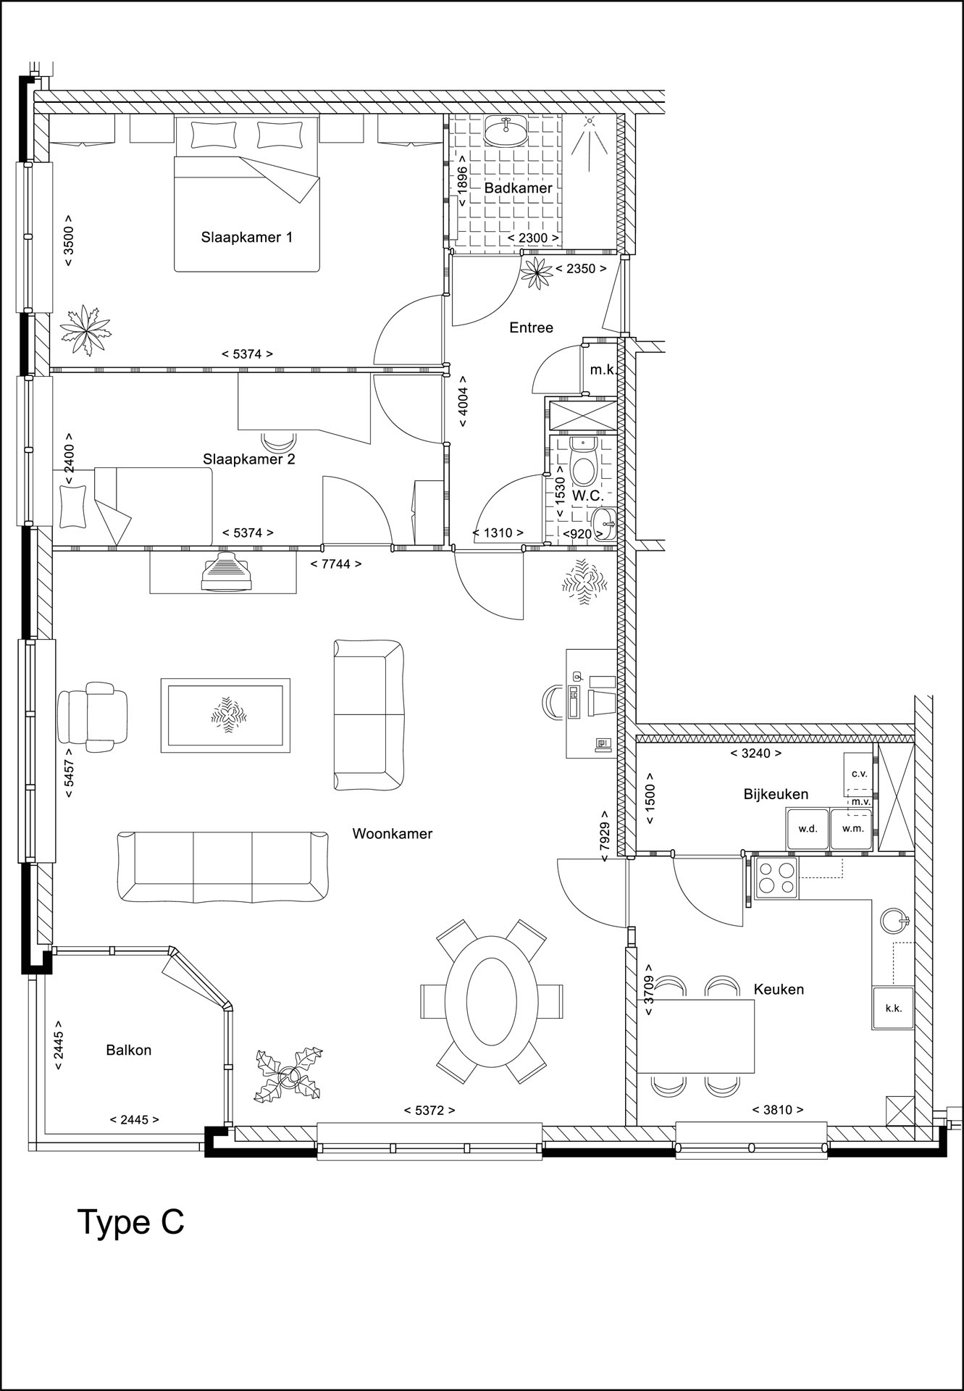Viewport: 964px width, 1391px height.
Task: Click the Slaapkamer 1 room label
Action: coord(247,237)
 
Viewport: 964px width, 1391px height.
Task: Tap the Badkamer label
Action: coord(519,188)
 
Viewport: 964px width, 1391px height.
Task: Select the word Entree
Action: coord(531,327)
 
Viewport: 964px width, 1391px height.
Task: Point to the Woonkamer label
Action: coord(393,833)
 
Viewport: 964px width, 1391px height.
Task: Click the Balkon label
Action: coord(129,1050)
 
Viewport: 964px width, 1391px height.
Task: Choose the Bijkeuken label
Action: coord(776,794)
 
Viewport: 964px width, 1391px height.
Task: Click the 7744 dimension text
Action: coord(335,564)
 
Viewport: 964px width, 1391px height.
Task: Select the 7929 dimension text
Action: coord(604,841)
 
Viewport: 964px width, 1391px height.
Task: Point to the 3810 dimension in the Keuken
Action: coord(778,1109)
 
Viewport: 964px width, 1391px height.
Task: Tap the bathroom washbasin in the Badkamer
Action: coord(506,131)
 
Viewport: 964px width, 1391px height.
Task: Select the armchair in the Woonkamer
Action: coord(92,716)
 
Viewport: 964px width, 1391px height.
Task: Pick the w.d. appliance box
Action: coord(808,829)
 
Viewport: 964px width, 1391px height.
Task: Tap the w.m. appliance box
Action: coord(851,829)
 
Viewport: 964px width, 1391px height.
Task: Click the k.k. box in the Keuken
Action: coord(893,1008)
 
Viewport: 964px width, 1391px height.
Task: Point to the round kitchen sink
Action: coord(894,920)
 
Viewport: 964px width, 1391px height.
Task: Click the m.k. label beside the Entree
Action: coord(603,369)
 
